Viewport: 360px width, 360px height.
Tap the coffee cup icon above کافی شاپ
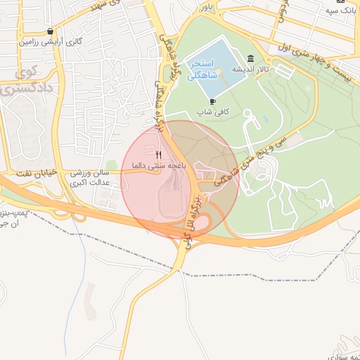coord(213,102)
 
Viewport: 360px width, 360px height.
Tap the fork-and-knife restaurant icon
coord(159,155)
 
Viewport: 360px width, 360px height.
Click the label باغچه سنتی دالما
coord(161,165)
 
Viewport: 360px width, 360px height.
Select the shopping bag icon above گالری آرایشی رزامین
coord(50,32)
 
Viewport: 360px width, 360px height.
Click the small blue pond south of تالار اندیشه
coord(265,120)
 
